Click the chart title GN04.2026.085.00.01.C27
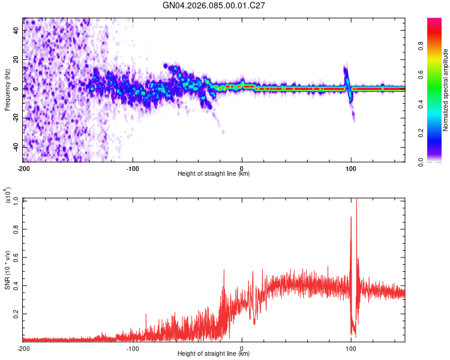point(214,6)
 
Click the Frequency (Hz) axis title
point(8,90)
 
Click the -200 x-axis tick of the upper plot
point(23,167)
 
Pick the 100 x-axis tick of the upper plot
point(351,167)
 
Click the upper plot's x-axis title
point(214,174)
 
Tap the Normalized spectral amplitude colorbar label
point(445,90)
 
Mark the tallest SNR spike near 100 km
point(356,200)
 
